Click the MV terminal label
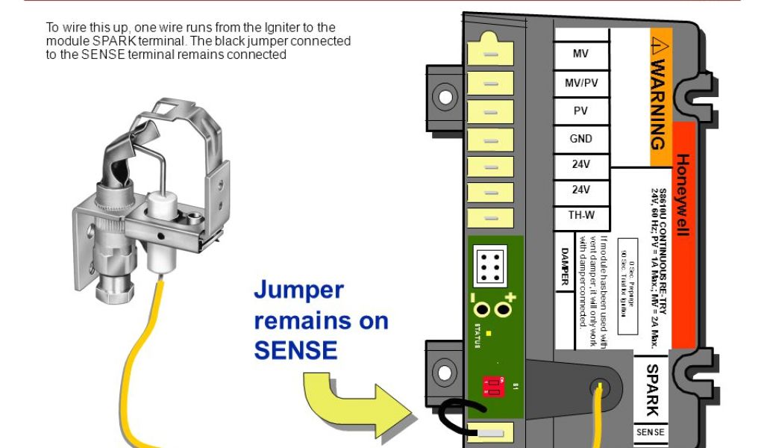580,54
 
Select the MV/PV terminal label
580,83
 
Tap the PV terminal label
580,111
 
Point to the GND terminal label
580,138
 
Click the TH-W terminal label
580,217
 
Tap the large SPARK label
651,389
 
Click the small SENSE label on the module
650,432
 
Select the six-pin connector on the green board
490,264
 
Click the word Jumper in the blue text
298,290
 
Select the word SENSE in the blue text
296,349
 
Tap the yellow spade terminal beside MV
490,54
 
